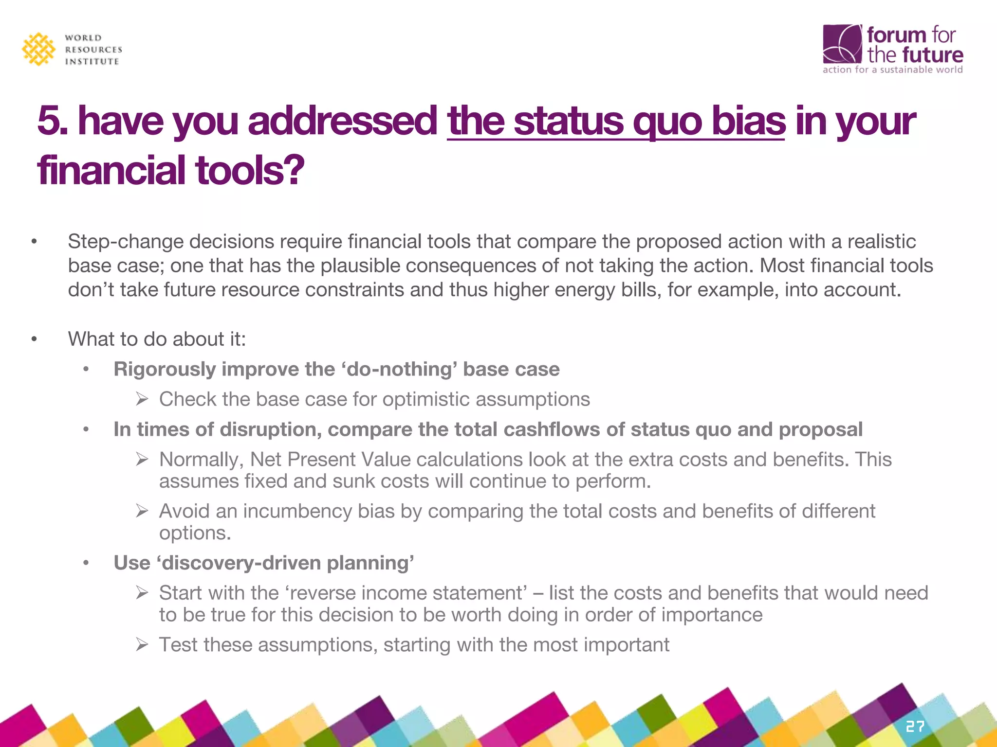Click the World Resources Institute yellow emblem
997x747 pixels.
coord(38,49)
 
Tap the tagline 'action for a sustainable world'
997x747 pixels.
coord(892,70)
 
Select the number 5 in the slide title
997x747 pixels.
coord(48,121)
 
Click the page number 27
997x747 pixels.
coord(915,727)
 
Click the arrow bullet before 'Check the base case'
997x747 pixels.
coord(142,399)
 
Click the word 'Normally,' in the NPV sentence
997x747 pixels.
coord(201,460)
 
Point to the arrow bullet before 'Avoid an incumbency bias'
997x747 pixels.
coord(142,511)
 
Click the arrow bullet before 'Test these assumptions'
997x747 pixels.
coord(142,645)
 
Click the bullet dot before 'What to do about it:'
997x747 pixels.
coord(34,339)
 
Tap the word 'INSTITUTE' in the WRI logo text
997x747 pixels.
coord(92,62)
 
